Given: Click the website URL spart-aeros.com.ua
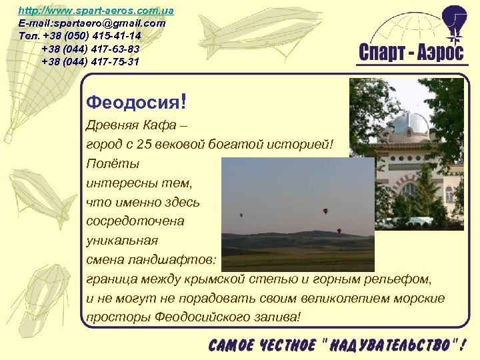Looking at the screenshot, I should pos(96,11).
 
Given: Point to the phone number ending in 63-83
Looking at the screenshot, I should pos(90,49).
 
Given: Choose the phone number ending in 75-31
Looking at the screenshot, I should pos(90,61).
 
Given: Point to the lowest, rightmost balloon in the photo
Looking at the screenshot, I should pos(339,231).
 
